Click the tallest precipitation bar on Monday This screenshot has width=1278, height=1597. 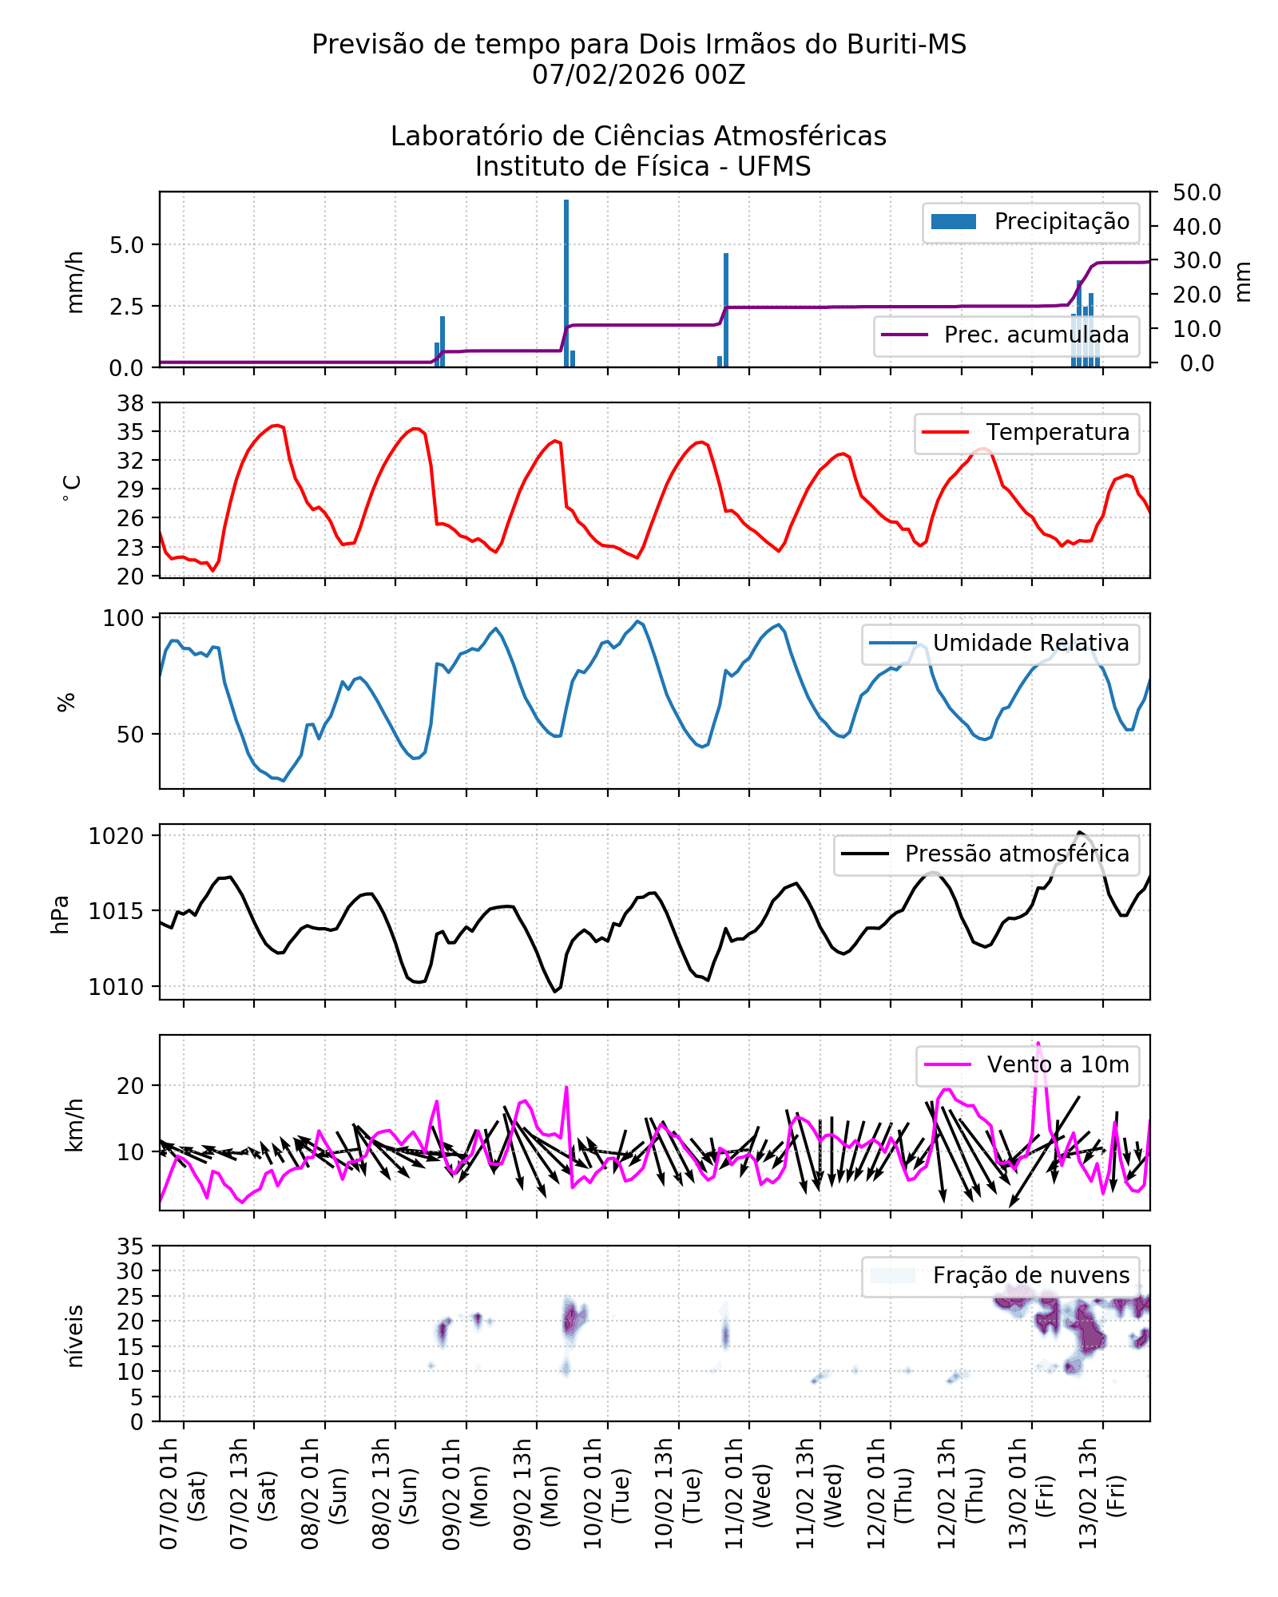[566, 283]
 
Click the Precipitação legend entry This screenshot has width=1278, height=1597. [1030, 222]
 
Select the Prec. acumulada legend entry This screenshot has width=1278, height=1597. [1006, 335]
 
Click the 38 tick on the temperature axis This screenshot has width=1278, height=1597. [131, 403]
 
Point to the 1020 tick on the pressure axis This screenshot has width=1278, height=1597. [117, 836]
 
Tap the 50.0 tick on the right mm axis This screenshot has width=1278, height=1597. [1197, 192]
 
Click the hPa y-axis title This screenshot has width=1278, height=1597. [61, 913]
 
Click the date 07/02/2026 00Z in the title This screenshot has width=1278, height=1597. [638, 75]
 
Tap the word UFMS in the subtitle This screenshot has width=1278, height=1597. [773, 167]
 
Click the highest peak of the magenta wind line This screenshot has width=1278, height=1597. [1038, 1043]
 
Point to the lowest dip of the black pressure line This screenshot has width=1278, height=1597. [555, 991]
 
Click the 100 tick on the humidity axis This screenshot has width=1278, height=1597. [124, 619]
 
